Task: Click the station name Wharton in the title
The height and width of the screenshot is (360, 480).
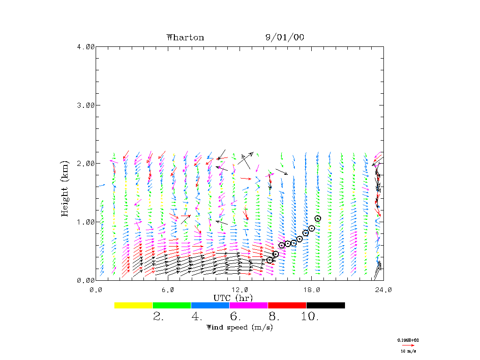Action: pos(185,37)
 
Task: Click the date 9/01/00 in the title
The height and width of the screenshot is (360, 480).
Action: pos(285,37)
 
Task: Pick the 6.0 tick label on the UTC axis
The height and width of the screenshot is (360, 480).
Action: pos(168,290)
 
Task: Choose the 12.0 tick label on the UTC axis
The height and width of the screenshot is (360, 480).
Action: pos(240,290)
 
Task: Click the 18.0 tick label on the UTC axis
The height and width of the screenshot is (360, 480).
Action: pos(312,290)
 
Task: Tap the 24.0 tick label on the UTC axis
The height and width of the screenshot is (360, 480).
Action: pos(383,290)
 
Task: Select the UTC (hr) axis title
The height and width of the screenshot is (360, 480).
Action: pos(233,298)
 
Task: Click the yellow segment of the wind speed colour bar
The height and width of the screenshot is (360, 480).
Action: pos(133,305)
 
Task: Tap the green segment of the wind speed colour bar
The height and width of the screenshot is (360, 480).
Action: pos(172,305)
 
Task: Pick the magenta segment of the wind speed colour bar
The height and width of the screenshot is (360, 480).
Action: pos(248,305)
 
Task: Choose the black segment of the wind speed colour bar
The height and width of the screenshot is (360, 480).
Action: pos(325,305)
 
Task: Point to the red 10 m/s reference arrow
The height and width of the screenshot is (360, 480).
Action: pos(408,345)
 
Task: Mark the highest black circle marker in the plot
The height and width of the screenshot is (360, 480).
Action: pos(318,218)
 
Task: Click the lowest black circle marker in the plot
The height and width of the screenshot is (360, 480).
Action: pos(270,260)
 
